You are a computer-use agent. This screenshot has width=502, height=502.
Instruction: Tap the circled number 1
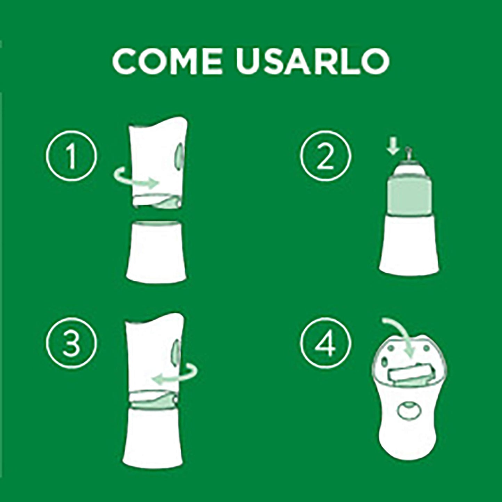point(72,157)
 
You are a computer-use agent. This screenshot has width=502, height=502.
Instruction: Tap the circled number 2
point(326,157)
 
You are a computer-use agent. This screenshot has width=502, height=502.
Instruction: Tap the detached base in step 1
point(157,250)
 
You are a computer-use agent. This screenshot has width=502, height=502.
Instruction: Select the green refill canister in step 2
point(409,195)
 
